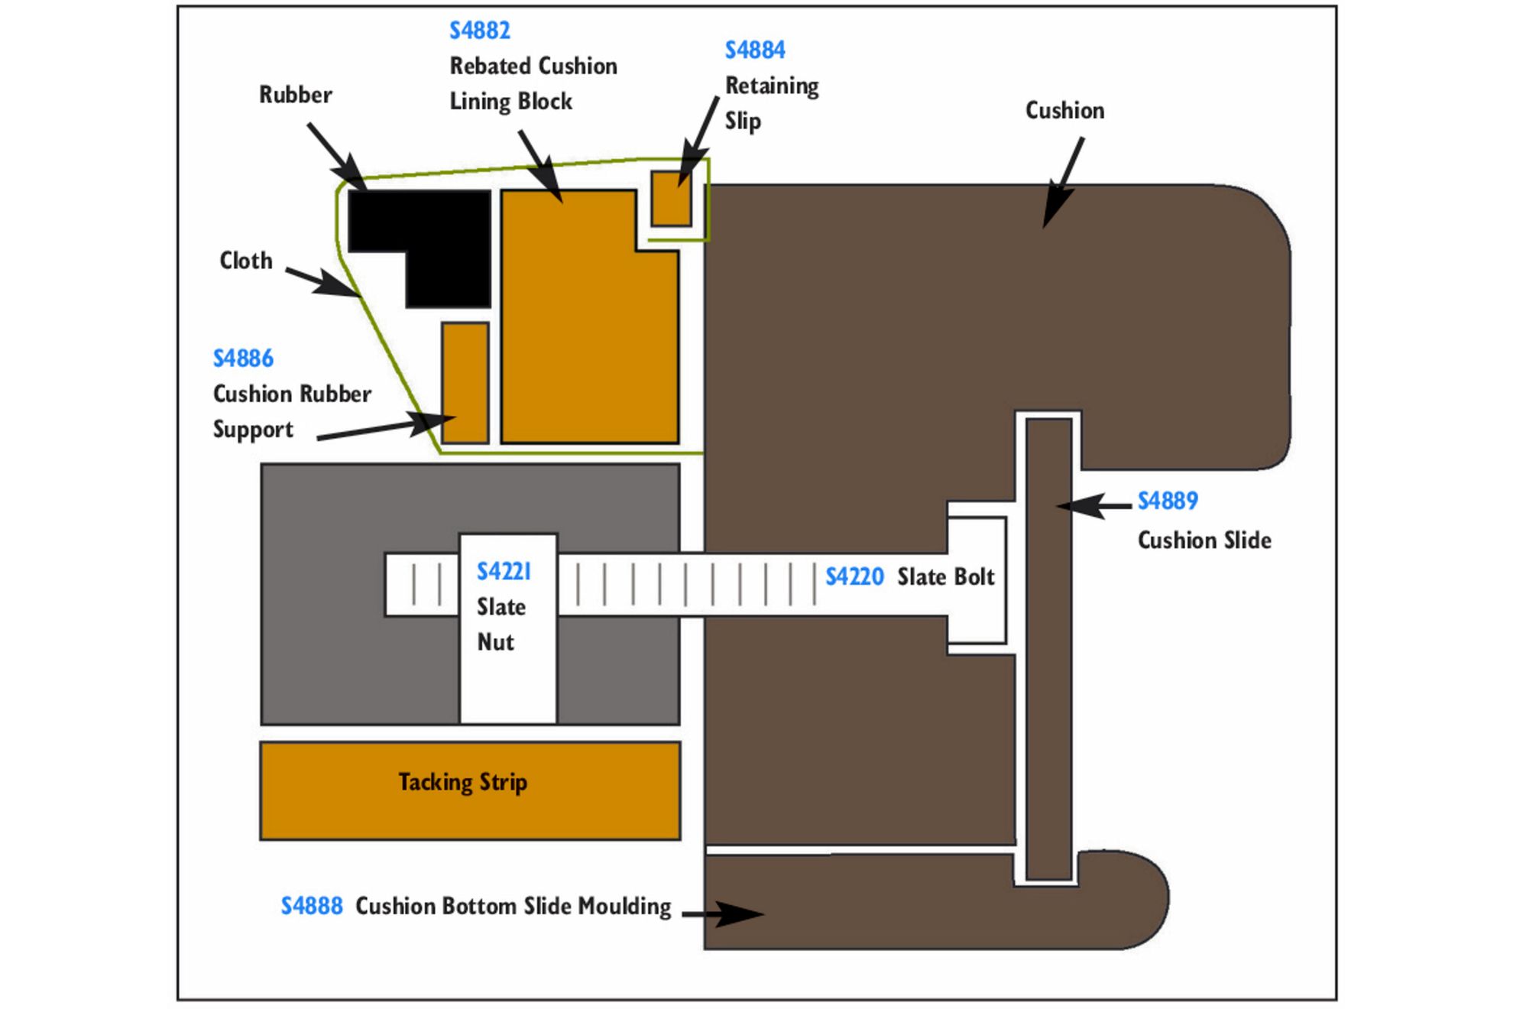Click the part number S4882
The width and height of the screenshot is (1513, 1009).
(479, 31)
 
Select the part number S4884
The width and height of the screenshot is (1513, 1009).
(755, 50)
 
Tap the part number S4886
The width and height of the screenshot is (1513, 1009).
(243, 359)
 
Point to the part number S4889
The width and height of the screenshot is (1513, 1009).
(1168, 501)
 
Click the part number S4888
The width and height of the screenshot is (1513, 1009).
(312, 906)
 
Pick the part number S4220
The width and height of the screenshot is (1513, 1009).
(854, 576)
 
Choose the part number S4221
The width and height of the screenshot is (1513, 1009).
(504, 571)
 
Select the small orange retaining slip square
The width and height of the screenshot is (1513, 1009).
(671, 198)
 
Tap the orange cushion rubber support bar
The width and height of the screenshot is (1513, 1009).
(465, 383)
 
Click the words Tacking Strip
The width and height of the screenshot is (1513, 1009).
(463, 782)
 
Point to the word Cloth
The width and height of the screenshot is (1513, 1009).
(246, 261)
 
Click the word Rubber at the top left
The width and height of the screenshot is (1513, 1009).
(296, 95)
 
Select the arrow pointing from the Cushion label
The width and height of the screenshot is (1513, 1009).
(1063, 183)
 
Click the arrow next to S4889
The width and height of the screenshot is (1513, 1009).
(1094, 506)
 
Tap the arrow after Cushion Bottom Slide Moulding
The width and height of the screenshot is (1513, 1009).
(723, 913)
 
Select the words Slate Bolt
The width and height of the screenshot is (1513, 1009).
(946, 576)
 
